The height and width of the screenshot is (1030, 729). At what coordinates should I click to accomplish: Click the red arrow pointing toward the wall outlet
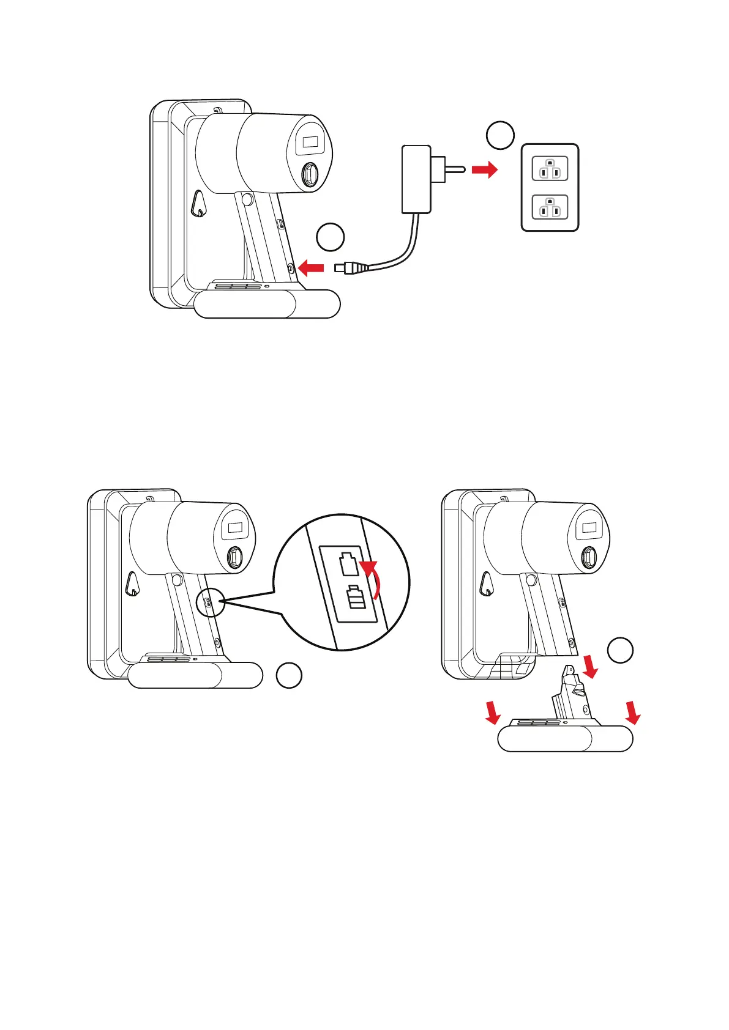[x=485, y=170]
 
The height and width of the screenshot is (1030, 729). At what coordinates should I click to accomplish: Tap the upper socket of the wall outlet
[x=550, y=169]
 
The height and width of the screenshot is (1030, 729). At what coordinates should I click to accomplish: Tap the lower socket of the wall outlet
[x=550, y=207]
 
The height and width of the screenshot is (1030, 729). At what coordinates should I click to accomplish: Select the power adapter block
[x=416, y=179]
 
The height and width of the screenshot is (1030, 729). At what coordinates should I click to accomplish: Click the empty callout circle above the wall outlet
[x=500, y=135]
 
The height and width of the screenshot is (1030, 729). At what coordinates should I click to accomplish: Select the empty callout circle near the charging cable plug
[x=331, y=237]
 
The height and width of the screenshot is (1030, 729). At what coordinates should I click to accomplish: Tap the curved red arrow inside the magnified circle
[x=373, y=577]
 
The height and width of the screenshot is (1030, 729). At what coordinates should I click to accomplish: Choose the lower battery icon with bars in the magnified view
[x=356, y=598]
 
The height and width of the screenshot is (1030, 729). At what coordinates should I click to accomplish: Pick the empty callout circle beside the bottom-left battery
[x=288, y=675]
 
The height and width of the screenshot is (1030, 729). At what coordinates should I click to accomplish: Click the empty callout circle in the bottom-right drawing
[x=620, y=650]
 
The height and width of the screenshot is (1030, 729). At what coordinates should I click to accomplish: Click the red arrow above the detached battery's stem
[x=591, y=666]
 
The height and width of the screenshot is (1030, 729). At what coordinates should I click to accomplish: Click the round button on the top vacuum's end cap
[x=310, y=174]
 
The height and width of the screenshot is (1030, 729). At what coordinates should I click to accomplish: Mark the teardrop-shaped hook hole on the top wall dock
[x=198, y=204]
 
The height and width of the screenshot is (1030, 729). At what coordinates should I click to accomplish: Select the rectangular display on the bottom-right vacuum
[x=589, y=527]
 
